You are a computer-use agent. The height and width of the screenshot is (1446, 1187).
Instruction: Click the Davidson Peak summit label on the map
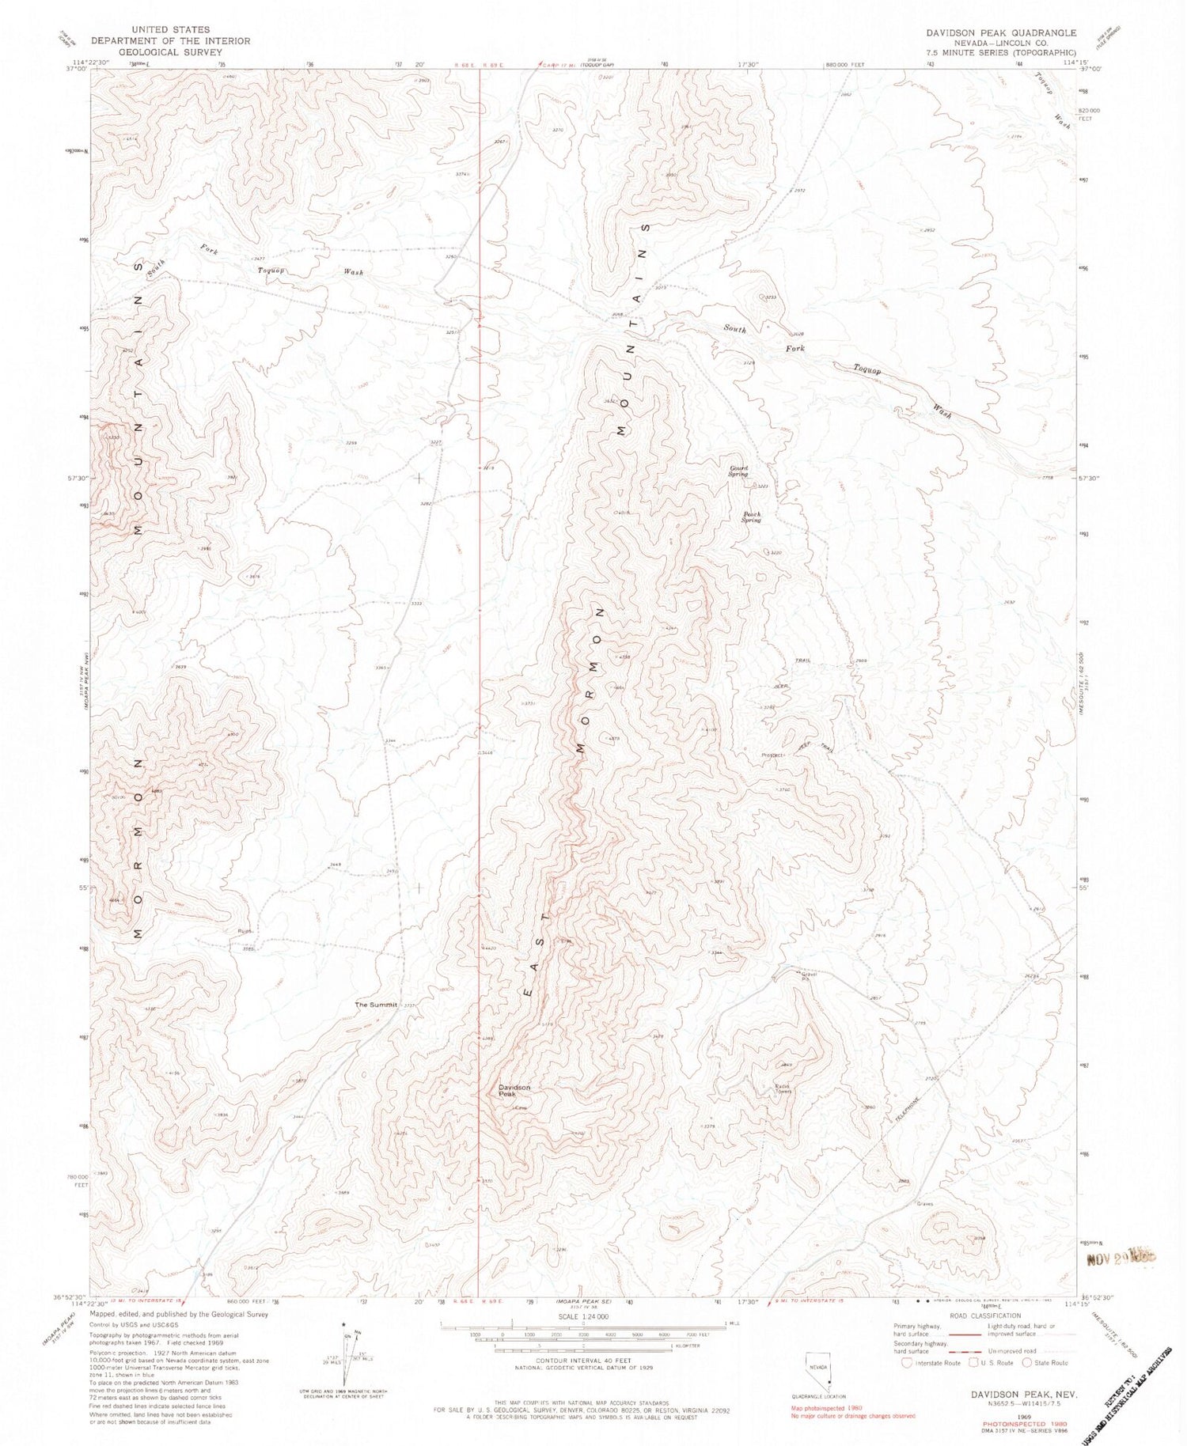(514, 1091)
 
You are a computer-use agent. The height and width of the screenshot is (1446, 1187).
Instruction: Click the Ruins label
(245, 930)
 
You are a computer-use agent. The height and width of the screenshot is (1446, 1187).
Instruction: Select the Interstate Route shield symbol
(907, 1363)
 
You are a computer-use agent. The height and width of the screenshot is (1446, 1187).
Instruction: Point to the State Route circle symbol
(1027, 1363)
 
